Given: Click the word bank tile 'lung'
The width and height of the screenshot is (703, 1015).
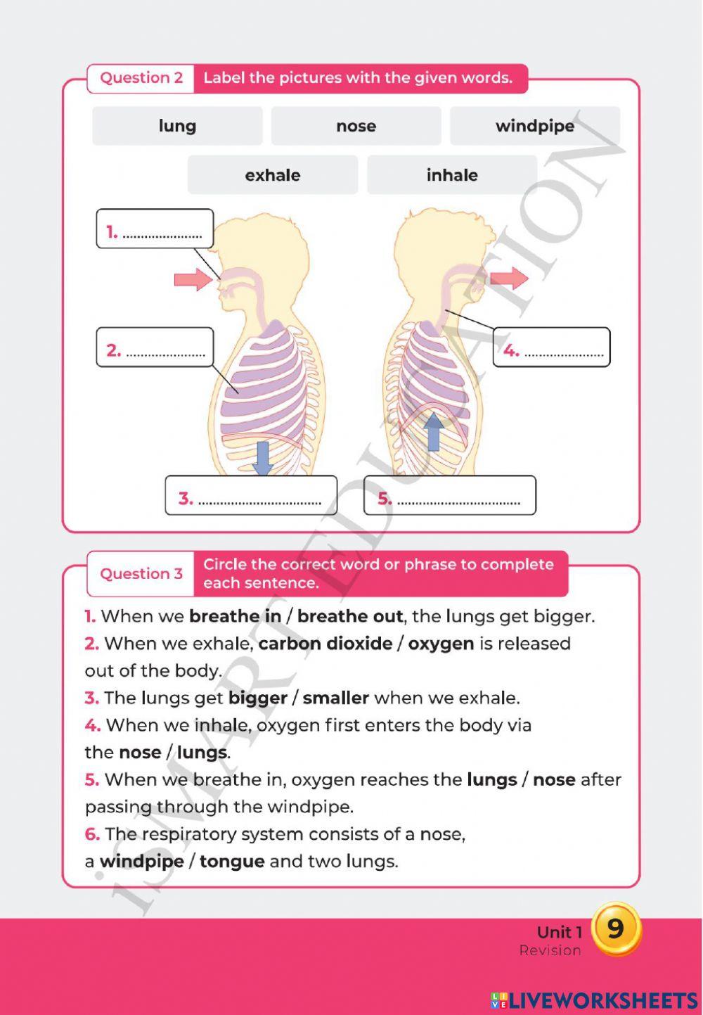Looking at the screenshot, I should pos(177,126).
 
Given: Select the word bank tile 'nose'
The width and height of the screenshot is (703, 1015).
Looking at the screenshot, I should pos(356,126).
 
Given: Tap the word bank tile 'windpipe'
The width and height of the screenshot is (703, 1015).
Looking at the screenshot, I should pos(535,126).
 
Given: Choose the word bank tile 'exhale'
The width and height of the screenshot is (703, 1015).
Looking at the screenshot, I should pos(273,175).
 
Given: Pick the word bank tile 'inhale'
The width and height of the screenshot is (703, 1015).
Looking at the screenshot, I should pos(452,175).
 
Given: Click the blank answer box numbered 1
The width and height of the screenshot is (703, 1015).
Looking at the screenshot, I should pos(155,229).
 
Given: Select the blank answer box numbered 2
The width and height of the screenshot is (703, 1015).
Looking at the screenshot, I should pos(155,347).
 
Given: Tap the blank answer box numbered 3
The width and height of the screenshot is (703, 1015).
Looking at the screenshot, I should pos(251,496).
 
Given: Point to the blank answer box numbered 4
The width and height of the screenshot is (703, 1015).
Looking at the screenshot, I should pos(552,347).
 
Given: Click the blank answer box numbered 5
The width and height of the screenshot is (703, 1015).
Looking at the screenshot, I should pos(450,496).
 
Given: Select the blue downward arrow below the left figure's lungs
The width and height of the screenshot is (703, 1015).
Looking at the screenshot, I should pos(262,457).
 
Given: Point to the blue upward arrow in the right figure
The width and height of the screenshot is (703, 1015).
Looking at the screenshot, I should pos(434,431).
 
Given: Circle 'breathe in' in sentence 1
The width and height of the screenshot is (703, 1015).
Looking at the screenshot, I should pos(236,617).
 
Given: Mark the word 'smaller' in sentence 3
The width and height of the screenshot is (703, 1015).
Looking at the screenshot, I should pos(336,698).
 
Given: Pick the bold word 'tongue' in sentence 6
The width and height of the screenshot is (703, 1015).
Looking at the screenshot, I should pos(232,862).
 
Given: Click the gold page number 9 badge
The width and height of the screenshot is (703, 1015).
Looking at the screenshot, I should pos(616,928).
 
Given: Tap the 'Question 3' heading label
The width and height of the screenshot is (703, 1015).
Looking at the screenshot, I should pos(141,573).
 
